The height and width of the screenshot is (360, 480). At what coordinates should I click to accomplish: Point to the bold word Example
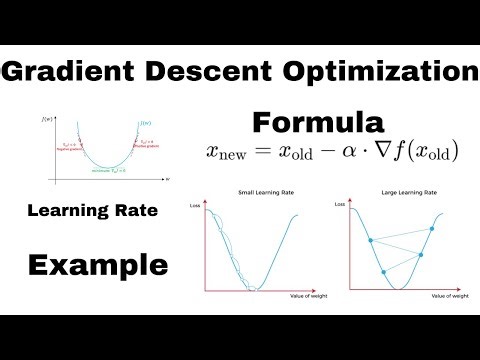click(x=96, y=265)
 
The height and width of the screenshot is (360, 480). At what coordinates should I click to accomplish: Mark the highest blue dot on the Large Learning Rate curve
click(x=432, y=229)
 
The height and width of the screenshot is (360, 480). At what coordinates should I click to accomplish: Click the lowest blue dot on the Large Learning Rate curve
click(x=384, y=271)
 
